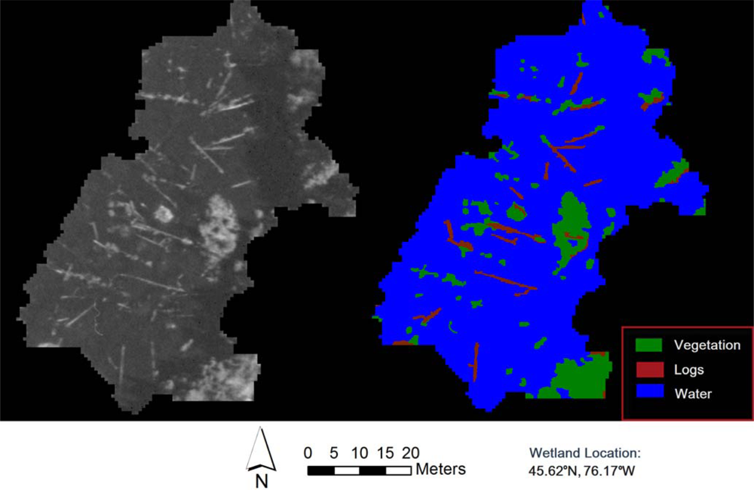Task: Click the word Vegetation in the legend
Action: click(707, 345)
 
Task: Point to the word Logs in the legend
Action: click(689, 369)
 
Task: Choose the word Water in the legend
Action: click(693, 393)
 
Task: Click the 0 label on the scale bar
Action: click(308, 453)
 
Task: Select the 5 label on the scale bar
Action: click(333, 453)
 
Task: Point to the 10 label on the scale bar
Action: click(359, 453)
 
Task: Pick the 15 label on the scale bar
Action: click(385, 453)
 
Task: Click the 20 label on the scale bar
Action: click(410, 453)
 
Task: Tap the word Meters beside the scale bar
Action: click(440, 470)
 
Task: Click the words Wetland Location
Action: click(585, 454)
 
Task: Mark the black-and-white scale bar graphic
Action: click(360, 470)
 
